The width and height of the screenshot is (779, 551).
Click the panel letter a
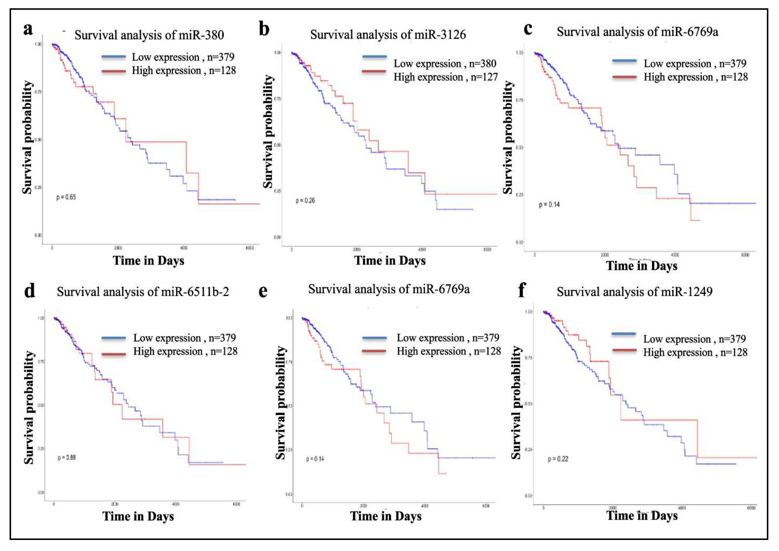(x=28, y=30)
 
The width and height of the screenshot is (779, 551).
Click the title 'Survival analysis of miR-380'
(x=149, y=35)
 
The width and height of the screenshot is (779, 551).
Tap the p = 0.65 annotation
(x=66, y=197)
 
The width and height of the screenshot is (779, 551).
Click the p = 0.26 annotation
(x=305, y=201)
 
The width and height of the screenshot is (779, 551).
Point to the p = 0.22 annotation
(x=558, y=459)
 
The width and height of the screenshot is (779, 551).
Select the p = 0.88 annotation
(x=67, y=458)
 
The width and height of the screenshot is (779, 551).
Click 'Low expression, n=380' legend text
(x=445, y=64)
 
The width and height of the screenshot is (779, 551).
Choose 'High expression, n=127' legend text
(x=445, y=77)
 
